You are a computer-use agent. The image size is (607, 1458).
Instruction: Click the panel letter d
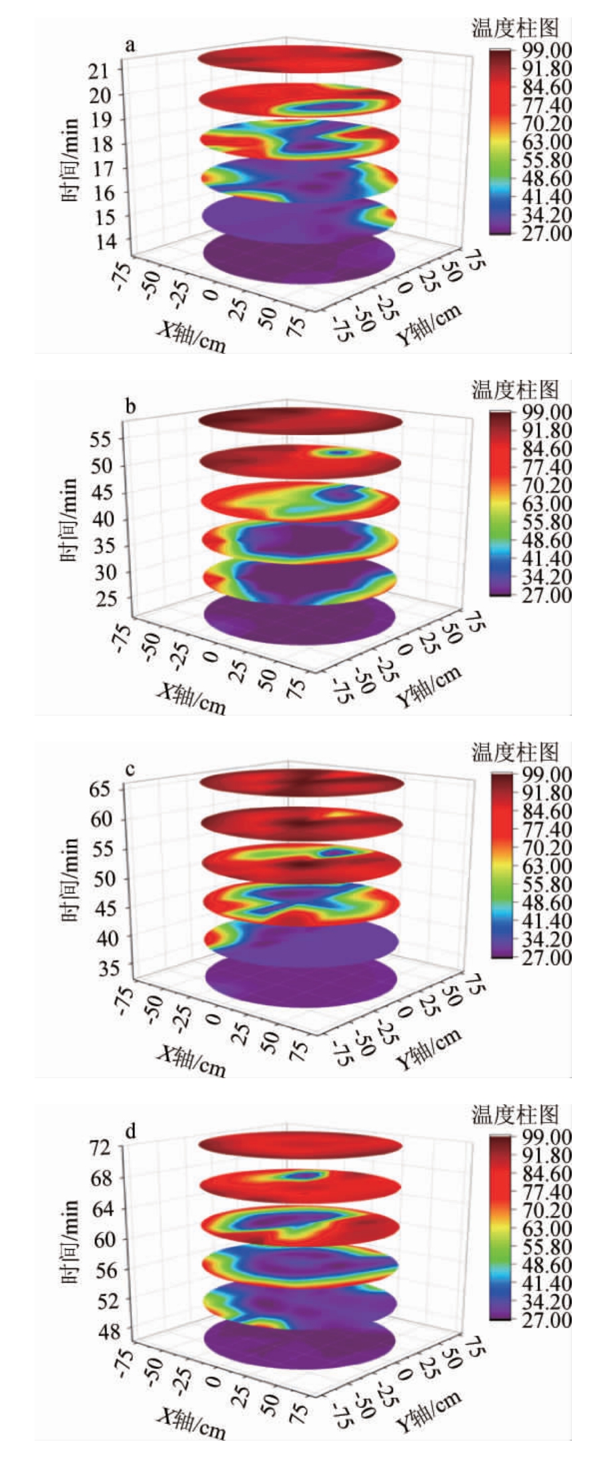(x=131, y=1131)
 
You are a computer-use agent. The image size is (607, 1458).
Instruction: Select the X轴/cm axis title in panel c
(x=191, y=1061)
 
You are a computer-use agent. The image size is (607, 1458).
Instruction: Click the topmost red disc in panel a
(x=300, y=60)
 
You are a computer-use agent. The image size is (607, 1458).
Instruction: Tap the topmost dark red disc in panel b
(x=301, y=422)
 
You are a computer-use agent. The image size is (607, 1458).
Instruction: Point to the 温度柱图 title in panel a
(x=515, y=29)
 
